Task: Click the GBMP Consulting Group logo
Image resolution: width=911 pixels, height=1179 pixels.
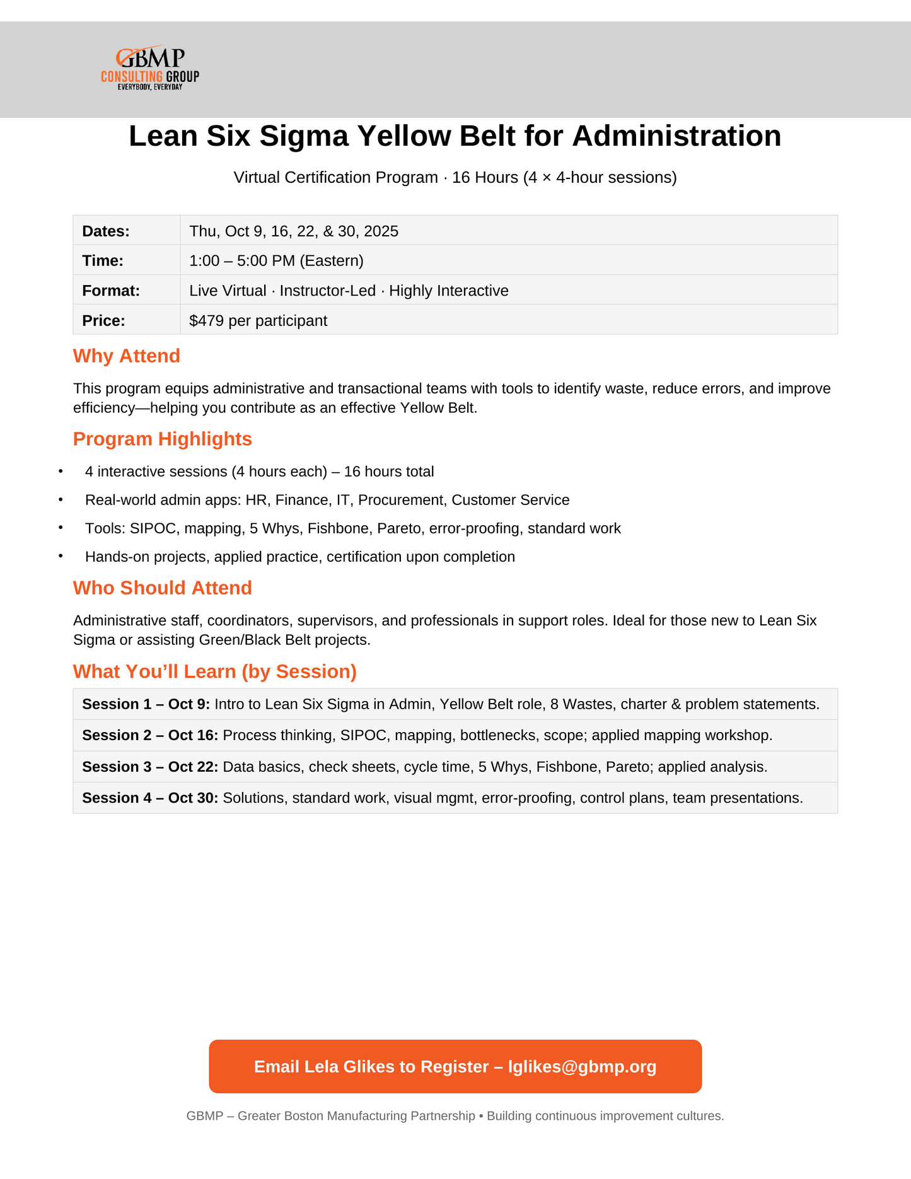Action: click(x=150, y=68)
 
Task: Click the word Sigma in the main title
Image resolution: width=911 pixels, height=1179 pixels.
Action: click(x=303, y=136)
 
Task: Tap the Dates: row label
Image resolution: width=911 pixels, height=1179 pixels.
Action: click(x=106, y=231)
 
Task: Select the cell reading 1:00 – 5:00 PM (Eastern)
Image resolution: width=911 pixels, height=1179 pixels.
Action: click(x=276, y=261)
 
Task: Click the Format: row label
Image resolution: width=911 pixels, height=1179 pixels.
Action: click(x=111, y=291)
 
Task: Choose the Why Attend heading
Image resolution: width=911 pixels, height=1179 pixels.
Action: click(x=127, y=356)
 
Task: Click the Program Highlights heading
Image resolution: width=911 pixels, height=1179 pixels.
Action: click(x=163, y=439)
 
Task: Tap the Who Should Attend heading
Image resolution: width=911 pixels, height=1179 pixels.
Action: click(x=163, y=588)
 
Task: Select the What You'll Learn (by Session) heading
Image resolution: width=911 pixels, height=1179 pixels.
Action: click(x=215, y=672)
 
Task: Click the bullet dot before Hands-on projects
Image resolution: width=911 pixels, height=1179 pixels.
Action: click(x=61, y=556)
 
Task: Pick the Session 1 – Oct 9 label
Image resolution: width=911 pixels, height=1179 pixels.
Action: click(x=146, y=705)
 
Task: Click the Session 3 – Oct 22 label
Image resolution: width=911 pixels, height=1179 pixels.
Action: click(x=150, y=767)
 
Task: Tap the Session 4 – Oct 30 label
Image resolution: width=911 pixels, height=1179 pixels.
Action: click(x=150, y=799)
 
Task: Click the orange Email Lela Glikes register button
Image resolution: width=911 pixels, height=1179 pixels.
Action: click(x=455, y=1067)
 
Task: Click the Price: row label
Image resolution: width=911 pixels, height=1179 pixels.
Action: click(x=104, y=321)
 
